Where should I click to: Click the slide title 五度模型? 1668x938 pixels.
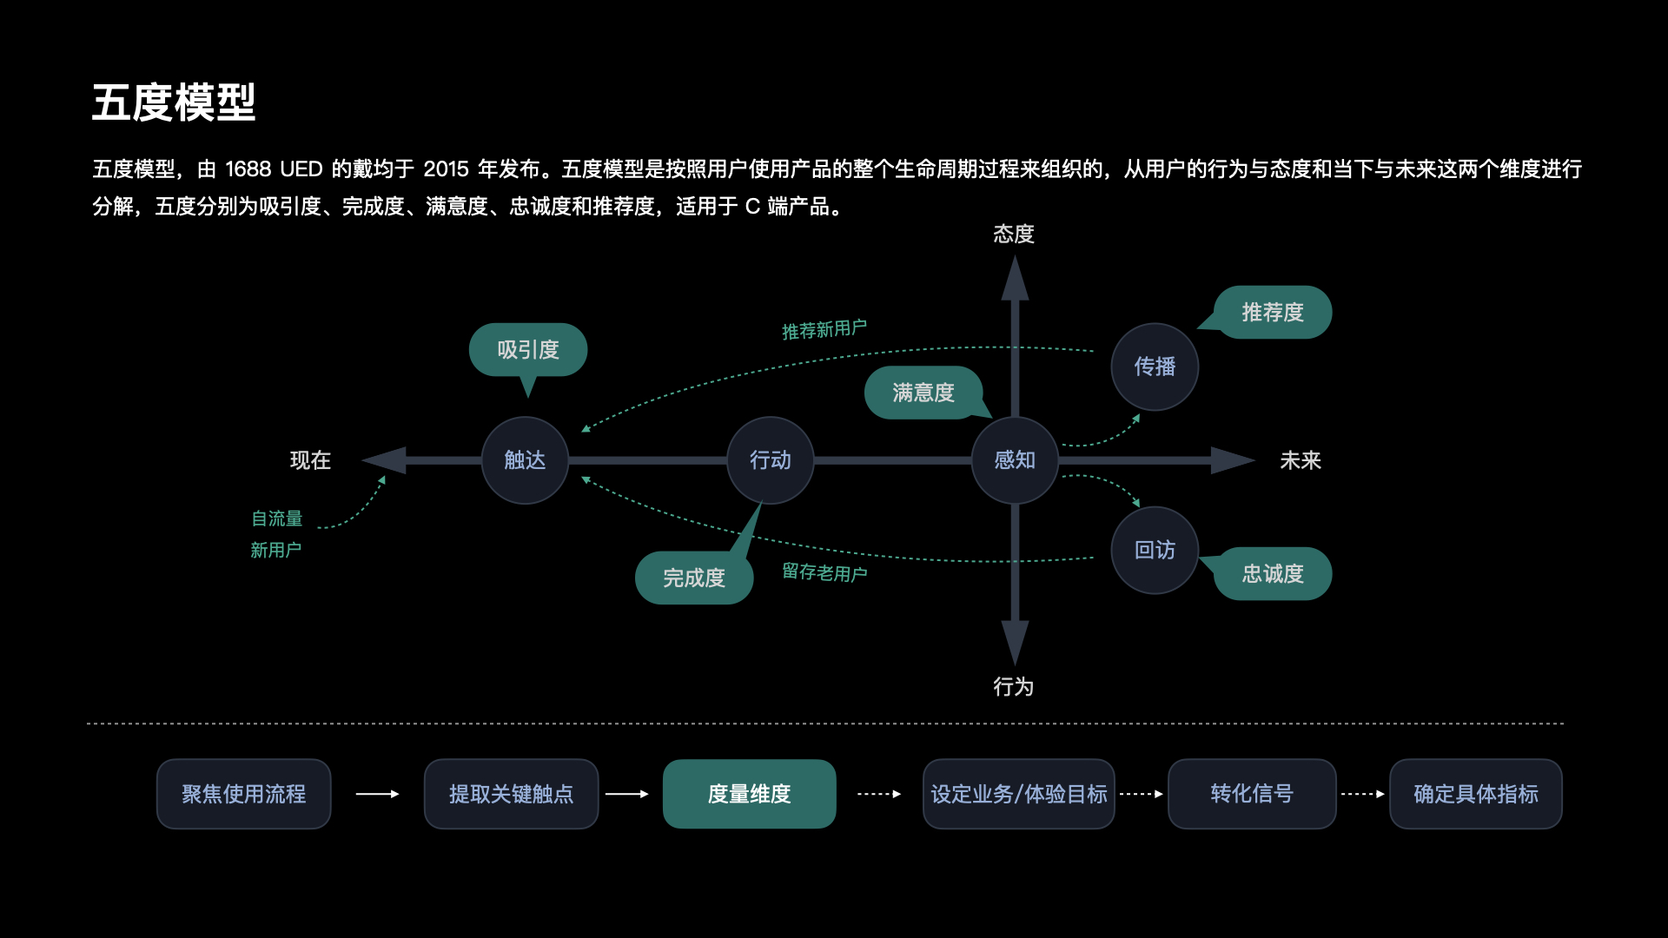(174, 102)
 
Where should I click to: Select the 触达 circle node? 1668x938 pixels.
(525, 460)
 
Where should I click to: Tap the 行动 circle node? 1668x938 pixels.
(771, 460)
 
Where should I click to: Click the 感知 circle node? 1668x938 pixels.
(1015, 460)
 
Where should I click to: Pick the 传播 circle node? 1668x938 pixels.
(1155, 367)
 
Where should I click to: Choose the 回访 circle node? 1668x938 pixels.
(1155, 550)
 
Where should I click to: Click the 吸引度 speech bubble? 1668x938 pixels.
(528, 350)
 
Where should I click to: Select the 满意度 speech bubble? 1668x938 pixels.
(923, 393)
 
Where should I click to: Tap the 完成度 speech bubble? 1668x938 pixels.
(694, 578)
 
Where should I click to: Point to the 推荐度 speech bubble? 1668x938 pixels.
(1273, 313)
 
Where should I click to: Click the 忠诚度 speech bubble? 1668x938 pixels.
(1273, 573)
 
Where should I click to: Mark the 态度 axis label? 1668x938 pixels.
(1014, 234)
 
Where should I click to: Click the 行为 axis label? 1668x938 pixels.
(1014, 687)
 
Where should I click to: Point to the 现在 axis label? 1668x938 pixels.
(310, 460)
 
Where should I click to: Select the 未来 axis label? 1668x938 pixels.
(1301, 460)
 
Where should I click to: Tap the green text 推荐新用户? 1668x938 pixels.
(824, 330)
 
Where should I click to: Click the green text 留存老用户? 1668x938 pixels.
(824, 572)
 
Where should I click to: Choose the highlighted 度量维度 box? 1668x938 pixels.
(749, 794)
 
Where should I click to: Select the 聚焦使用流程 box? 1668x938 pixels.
(243, 794)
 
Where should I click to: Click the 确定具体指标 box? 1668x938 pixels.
(1475, 794)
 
